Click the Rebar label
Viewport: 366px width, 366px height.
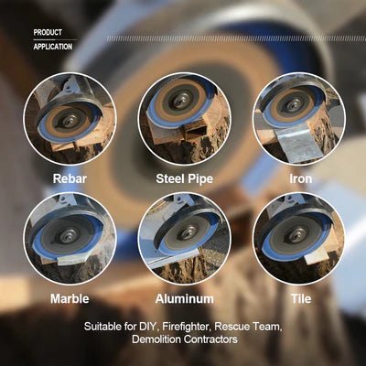pyautogui.click(x=70, y=178)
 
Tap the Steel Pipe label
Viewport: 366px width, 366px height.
pyautogui.click(x=183, y=178)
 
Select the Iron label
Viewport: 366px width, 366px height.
pyautogui.click(x=300, y=178)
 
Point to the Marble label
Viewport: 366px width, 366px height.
pyautogui.click(x=70, y=298)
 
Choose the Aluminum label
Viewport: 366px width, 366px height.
pyautogui.click(x=183, y=298)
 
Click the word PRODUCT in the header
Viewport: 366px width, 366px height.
pyautogui.click(x=48, y=33)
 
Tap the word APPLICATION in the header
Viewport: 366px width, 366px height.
pyautogui.click(x=52, y=44)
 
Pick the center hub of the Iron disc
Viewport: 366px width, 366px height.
pyautogui.click(x=291, y=113)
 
